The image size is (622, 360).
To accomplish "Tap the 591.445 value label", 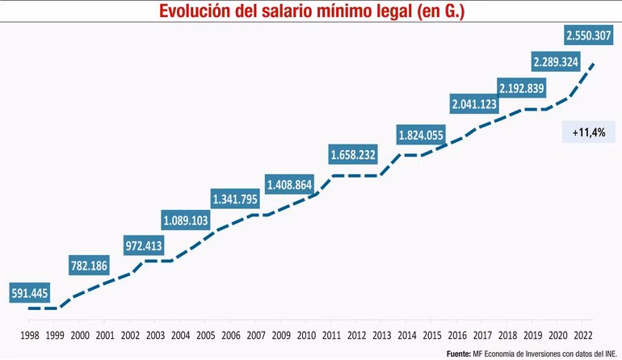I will point(31,294).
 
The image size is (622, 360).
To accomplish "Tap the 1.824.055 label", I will point(421,135).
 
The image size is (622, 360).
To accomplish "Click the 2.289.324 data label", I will point(557,61).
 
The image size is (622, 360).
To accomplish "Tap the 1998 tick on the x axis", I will point(30,335).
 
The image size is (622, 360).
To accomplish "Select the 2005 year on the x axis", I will point(206,335).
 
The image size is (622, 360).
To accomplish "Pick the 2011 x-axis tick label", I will point(331,335).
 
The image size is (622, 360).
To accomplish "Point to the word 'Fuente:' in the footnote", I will point(458,353).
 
